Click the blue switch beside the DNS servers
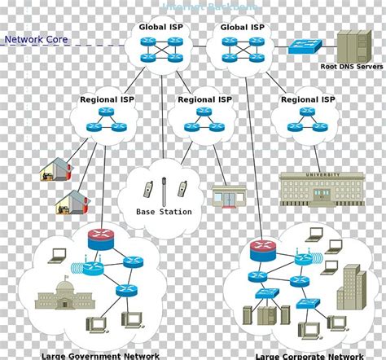[305, 46]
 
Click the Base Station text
[164, 212]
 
